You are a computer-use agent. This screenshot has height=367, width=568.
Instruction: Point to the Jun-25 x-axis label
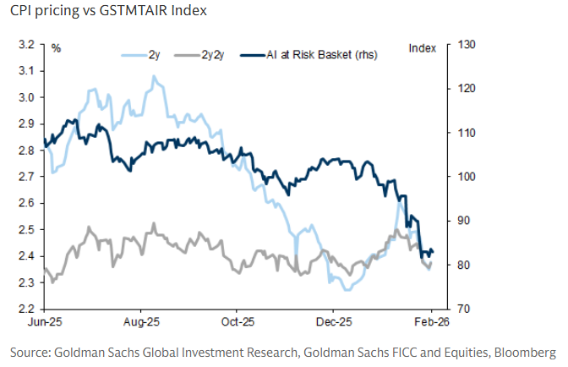click(43, 322)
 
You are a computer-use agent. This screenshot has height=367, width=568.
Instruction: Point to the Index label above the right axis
click(420, 48)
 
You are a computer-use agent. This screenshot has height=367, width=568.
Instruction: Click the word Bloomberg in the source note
click(526, 351)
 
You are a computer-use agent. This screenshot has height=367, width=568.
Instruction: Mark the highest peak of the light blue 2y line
click(154, 76)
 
